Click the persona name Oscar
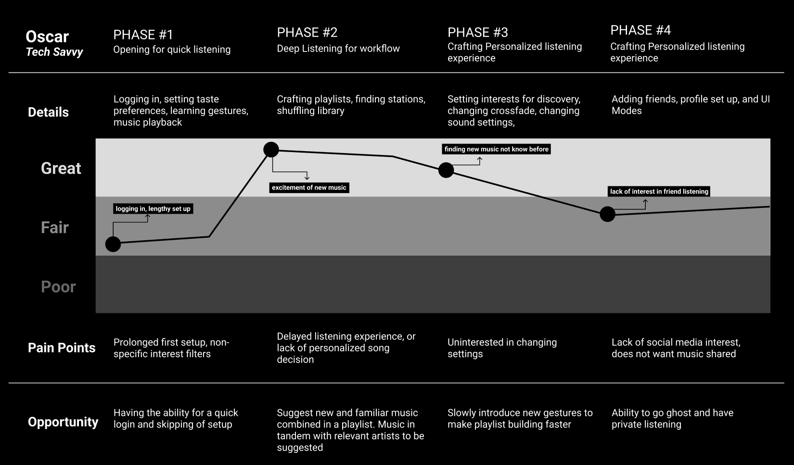pos(47,37)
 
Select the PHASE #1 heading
pos(143,35)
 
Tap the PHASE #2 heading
pos(307,32)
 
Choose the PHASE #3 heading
pos(477,32)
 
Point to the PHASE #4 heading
pos(640,30)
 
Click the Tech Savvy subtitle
pos(54,52)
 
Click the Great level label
pos(61,168)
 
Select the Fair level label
pos(54,227)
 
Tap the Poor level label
pos(58,286)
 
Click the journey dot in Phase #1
pos(113,244)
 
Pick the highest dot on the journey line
pos(271,150)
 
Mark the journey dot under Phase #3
pos(446,170)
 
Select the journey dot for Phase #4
pos(607,214)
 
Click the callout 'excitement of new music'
pos(309,188)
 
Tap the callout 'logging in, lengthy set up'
pos(153,209)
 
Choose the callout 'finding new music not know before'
pos(496,149)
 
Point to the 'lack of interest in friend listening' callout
pos(659,192)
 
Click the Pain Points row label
pos(62,348)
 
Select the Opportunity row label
pos(63,422)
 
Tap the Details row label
pos(48,112)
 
